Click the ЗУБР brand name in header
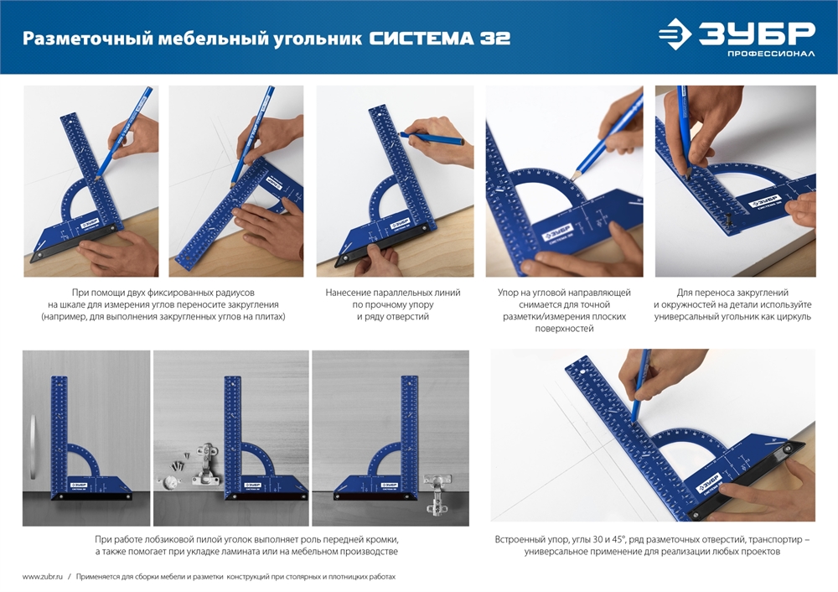757,33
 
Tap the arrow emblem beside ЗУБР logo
675,34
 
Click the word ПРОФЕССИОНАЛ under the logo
771,55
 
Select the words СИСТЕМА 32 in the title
439,39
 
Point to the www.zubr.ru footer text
41,577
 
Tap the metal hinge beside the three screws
205,465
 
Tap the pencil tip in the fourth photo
575,177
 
